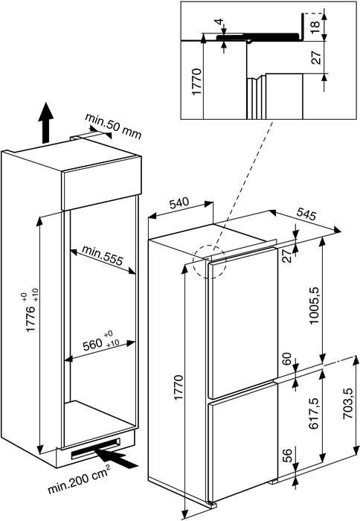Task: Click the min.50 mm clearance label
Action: [113, 127]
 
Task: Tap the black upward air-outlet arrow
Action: [45, 122]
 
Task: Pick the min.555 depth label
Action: [103, 255]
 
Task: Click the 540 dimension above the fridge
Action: [179, 202]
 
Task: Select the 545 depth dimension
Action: [305, 214]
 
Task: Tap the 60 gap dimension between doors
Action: [286, 359]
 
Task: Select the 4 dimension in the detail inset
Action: [219, 22]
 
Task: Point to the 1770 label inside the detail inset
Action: [196, 81]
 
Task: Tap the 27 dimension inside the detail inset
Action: [317, 57]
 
